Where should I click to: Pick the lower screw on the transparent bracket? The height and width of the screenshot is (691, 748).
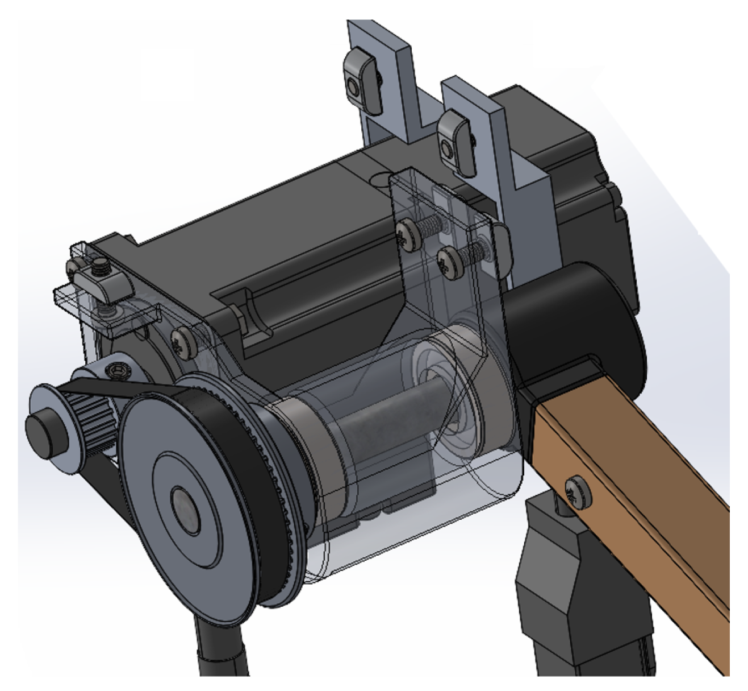pyautogui.click(x=448, y=263)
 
